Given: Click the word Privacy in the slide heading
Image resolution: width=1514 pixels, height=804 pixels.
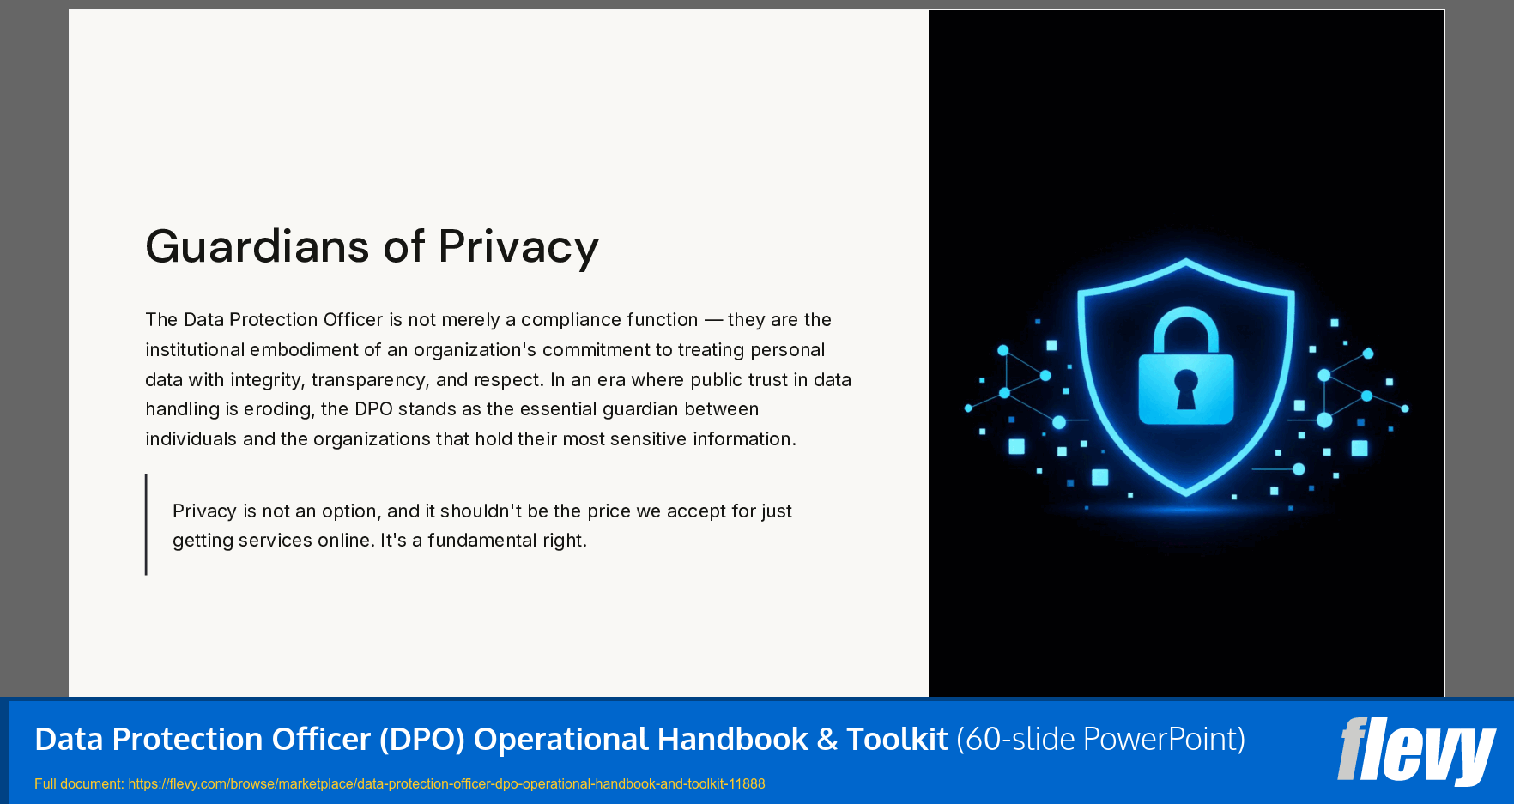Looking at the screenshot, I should [518, 247].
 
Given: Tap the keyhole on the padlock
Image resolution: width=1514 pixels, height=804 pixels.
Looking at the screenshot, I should [1185, 388].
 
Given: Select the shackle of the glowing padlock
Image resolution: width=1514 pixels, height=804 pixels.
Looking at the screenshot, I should [1185, 329].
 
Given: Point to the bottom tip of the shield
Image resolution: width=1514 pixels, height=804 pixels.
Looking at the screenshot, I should [1186, 493].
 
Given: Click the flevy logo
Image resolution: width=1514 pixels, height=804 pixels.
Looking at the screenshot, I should [1415, 750].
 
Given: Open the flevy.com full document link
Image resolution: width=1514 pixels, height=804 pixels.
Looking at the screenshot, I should [446, 783].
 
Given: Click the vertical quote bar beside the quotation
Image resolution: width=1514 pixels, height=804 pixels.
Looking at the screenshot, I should [147, 524].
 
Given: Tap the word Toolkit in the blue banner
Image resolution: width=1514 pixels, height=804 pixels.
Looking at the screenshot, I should [897, 739].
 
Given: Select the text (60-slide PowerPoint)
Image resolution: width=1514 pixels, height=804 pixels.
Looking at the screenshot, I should [1100, 739].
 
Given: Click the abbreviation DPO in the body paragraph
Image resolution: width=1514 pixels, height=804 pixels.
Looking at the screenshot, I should [373, 409].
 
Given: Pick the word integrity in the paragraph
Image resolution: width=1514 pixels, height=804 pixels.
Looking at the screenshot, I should [265, 379].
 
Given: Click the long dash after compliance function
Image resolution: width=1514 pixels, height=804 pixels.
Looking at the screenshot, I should [712, 320].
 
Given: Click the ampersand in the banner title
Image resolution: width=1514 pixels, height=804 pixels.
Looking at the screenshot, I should [827, 739].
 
